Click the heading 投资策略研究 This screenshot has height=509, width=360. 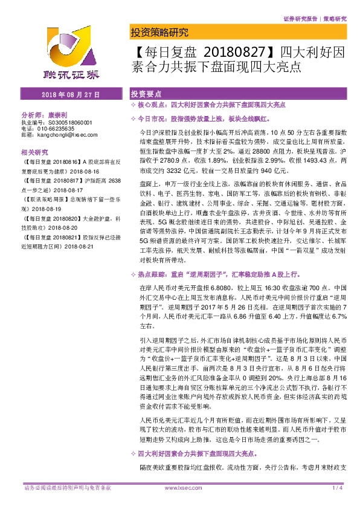point(159,33)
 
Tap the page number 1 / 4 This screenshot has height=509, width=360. point(338,488)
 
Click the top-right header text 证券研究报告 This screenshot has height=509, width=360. point(300,19)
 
